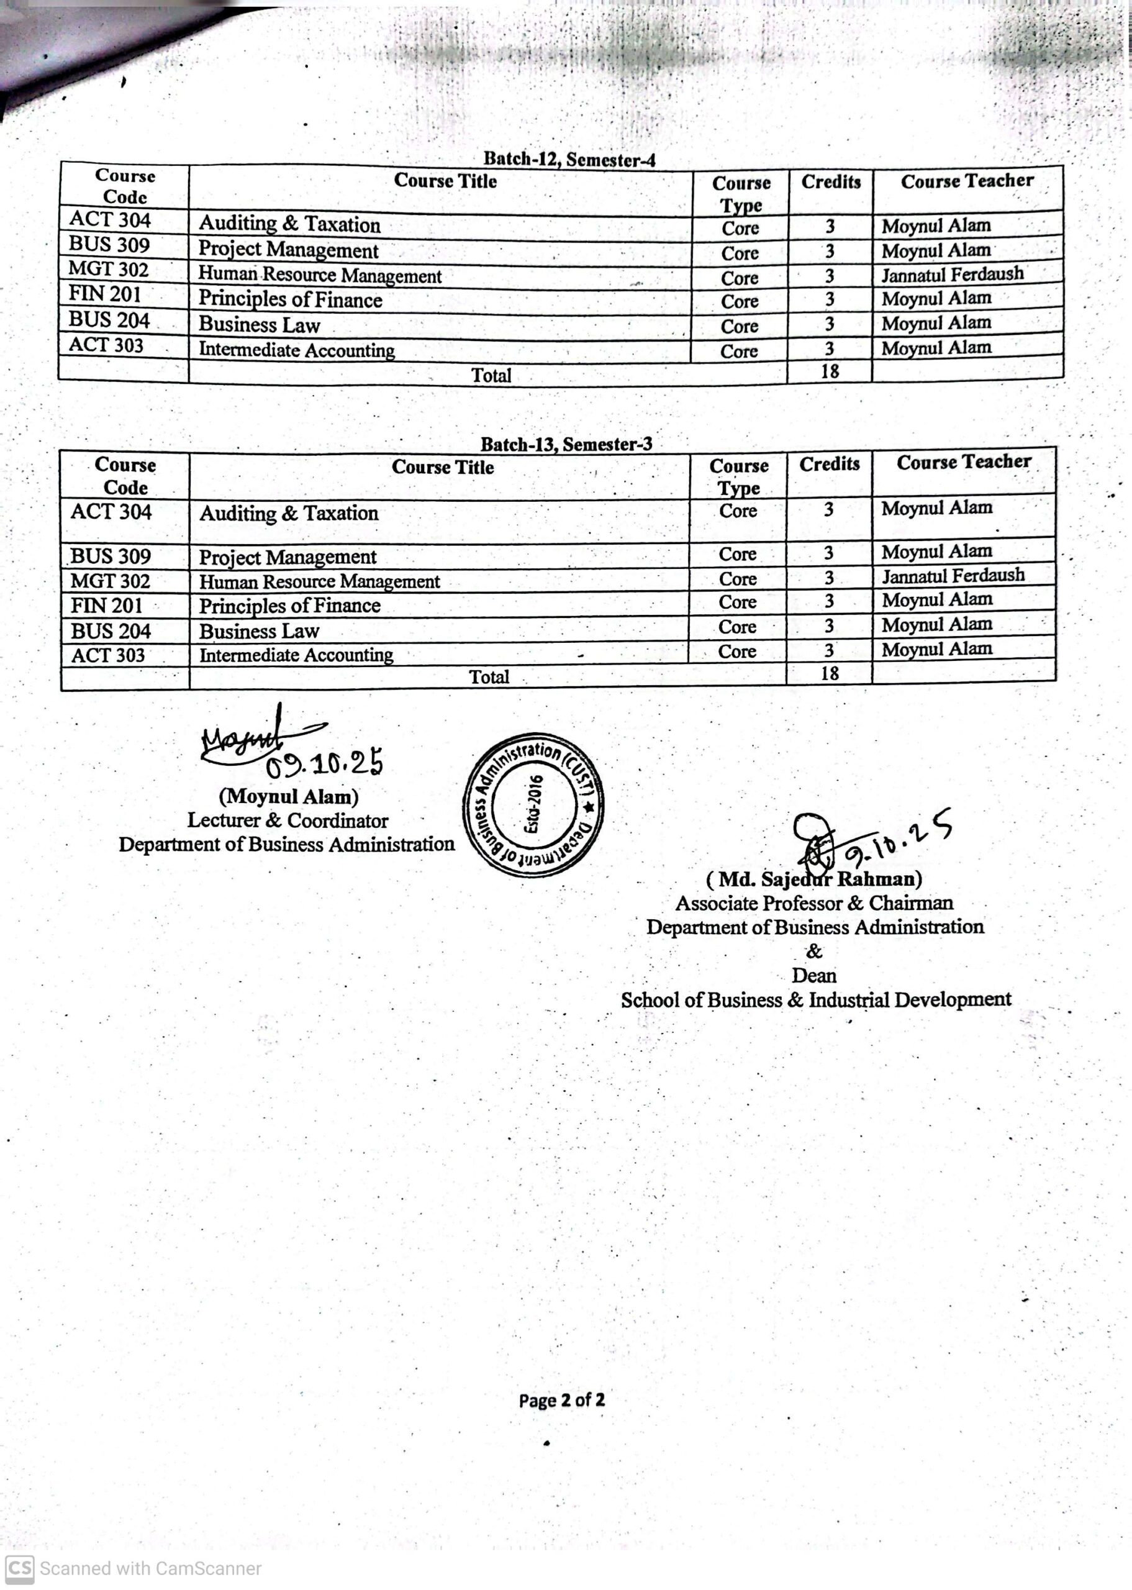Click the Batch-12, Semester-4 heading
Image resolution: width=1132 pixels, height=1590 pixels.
coord(569,159)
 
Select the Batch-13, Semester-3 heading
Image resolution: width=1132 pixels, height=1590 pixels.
coord(566,444)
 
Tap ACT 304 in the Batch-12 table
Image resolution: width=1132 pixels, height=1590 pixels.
coord(109,220)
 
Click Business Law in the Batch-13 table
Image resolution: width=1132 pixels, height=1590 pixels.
coord(260,631)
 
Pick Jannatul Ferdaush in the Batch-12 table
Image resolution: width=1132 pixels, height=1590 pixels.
coord(952,274)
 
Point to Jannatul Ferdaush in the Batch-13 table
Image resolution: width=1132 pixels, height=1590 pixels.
coord(953,576)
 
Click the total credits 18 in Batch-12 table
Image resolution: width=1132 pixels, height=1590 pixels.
coord(830,371)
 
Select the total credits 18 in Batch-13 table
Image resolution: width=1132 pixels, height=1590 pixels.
coord(830,673)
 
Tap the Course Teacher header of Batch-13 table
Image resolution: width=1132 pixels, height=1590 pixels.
coord(963,462)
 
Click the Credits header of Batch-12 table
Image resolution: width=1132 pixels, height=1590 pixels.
coord(831,182)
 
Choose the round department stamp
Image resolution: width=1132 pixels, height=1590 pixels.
coord(533,805)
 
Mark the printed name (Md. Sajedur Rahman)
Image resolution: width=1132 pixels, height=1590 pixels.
coord(813,879)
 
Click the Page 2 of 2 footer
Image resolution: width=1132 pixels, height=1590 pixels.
coord(562,1400)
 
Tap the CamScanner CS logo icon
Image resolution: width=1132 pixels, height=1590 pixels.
coord(19,1568)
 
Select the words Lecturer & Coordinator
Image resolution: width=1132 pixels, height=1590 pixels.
coord(287,820)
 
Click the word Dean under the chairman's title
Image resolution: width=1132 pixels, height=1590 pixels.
coord(813,975)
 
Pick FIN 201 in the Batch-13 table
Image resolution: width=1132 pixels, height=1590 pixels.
coord(106,606)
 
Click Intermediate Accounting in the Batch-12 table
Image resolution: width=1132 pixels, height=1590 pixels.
coord(297,349)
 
